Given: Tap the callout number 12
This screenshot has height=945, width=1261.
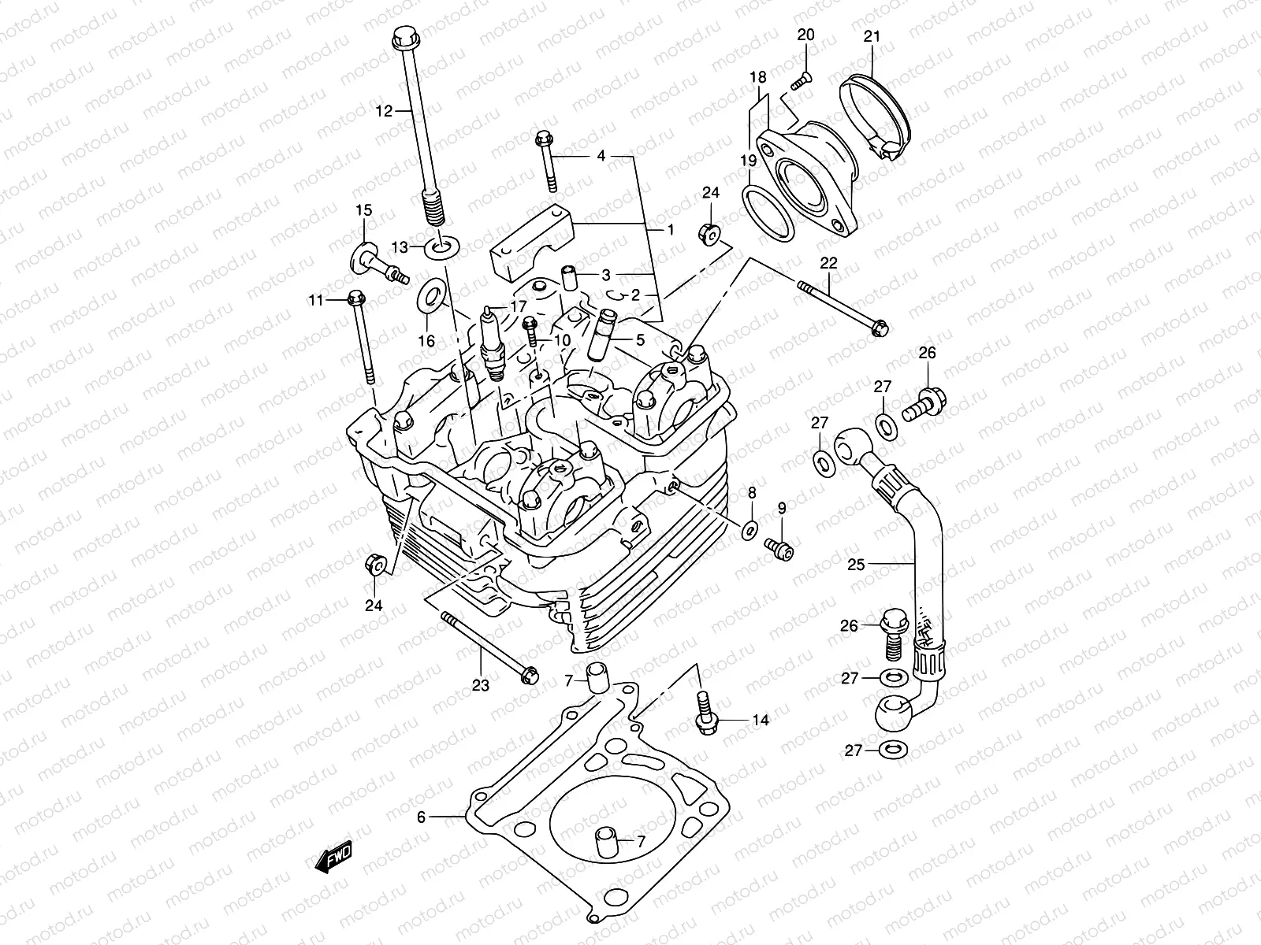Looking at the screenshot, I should pyautogui.click(x=384, y=112).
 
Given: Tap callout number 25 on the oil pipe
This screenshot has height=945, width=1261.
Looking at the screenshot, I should pyautogui.click(x=857, y=564).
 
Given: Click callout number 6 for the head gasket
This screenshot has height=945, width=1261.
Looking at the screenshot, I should pyautogui.click(x=421, y=817).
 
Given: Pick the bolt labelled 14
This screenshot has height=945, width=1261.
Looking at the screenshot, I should pyautogui.click(x=703, y=713).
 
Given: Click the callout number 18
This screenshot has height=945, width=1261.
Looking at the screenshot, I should pyautogui.click(x=757, y=77).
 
